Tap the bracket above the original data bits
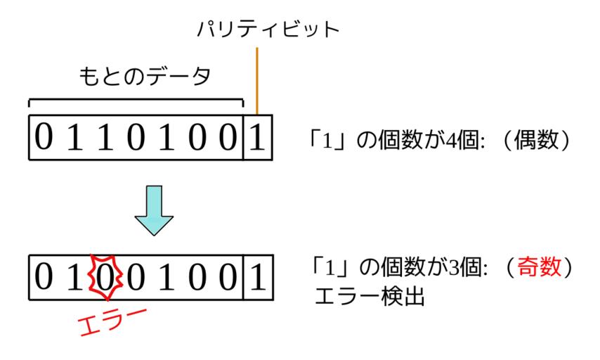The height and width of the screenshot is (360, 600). (x=136, y=101)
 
